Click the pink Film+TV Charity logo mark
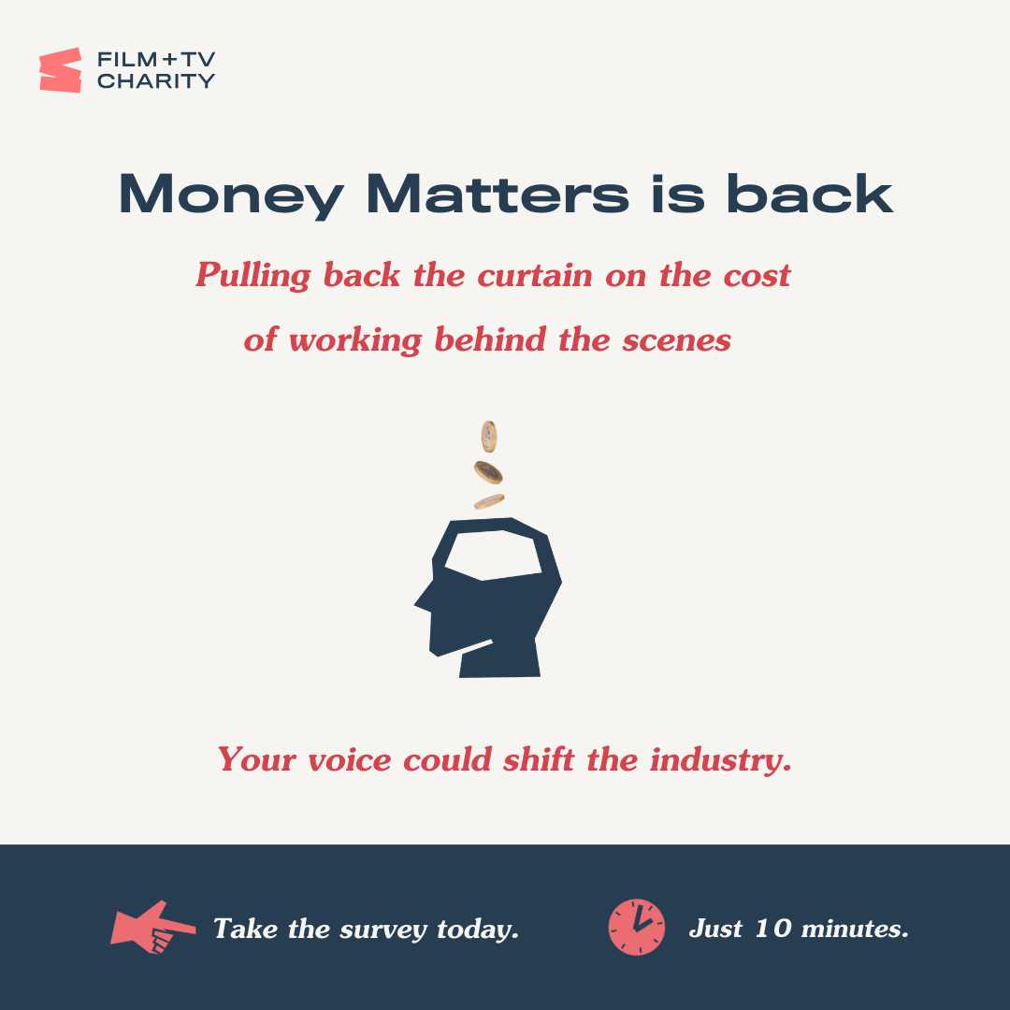(x=61, y=69)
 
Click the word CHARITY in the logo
(x=156, y=81)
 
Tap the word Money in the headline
(x=232, y=195)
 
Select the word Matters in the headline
(x=498, y=194)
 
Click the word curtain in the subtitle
(x=535, y=276)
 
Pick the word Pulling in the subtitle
(x=253, y=276)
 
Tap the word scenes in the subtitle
(x=676, y=340)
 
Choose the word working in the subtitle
(x=355, y=339)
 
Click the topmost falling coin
(x=489, y=436)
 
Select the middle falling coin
(x=488, y=472)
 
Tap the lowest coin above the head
(x=489, y=501)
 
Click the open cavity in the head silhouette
(x=494, y=554)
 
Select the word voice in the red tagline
(x=350, y=760)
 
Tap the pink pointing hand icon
(x=152, y=927)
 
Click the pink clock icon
(x=637, y=927)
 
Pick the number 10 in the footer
(x=773, y=929)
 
